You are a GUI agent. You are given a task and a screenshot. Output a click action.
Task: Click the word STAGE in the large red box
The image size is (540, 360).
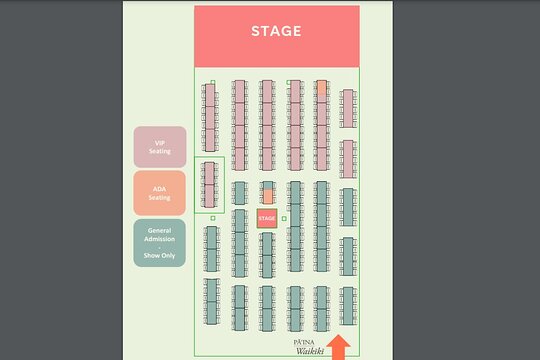pos(276,31)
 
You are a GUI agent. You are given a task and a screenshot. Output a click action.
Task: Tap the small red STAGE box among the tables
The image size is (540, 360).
pos(267,218)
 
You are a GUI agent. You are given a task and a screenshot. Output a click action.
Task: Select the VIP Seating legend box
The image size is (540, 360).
pos(160,147)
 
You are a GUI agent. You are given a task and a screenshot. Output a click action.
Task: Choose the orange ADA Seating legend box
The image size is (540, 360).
pos(159,193)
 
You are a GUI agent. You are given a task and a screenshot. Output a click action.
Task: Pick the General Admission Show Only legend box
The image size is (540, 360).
pos(159,243)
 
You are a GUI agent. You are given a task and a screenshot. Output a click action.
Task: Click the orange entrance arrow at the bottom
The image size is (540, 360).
pos(339,347)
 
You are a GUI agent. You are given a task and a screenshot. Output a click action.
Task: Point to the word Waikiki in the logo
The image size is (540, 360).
pos(310,351)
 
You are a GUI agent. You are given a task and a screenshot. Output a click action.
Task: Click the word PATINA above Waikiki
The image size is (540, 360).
pos(304,342)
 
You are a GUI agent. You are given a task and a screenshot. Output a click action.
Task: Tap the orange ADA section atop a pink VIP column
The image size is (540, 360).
pos(322,88)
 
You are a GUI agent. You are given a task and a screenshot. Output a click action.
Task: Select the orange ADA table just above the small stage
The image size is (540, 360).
pos(268,196)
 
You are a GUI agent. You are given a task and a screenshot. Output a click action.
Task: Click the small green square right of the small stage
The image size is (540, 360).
pos(284,218)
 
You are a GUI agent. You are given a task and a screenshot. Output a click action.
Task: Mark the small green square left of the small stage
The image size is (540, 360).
pos(213,218)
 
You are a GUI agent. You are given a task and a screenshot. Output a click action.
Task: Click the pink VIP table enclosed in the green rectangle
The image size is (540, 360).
pos(209,185)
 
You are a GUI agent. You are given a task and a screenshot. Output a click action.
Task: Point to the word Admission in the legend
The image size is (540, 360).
pos(159,239)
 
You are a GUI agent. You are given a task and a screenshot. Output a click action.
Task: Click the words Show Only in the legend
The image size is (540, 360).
pos(159,255)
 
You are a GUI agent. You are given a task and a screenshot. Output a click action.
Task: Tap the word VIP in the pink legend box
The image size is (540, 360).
pos(159,143)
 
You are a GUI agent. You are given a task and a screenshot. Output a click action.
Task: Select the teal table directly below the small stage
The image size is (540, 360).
pos(267,255)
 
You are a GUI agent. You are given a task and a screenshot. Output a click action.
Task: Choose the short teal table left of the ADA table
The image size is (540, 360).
pos(240,193)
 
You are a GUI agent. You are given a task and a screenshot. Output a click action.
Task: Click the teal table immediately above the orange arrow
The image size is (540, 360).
pos(348,306)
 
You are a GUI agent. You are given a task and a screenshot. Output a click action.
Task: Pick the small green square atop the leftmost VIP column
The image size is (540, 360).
pos(213,82)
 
